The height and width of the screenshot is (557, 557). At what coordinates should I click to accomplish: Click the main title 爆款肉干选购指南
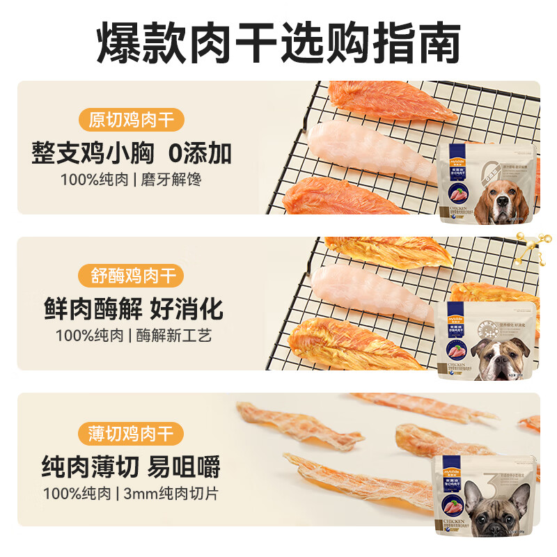tap(278, 43)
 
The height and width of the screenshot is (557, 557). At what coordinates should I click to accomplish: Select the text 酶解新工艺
tap(171, 336)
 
